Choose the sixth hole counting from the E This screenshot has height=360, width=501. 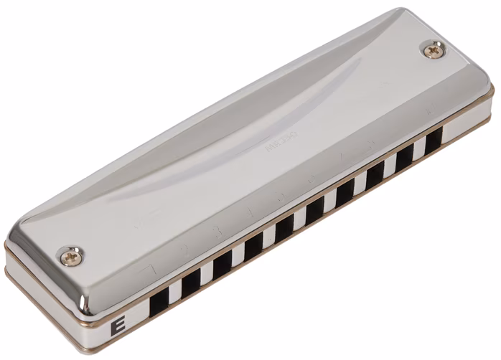pos(314,210)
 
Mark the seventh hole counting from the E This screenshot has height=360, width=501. pos(345,193)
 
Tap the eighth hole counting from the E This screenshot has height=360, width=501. pos(375,176)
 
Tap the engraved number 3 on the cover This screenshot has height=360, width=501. pos(217,232)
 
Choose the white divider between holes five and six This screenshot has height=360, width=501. pos(300,219)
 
